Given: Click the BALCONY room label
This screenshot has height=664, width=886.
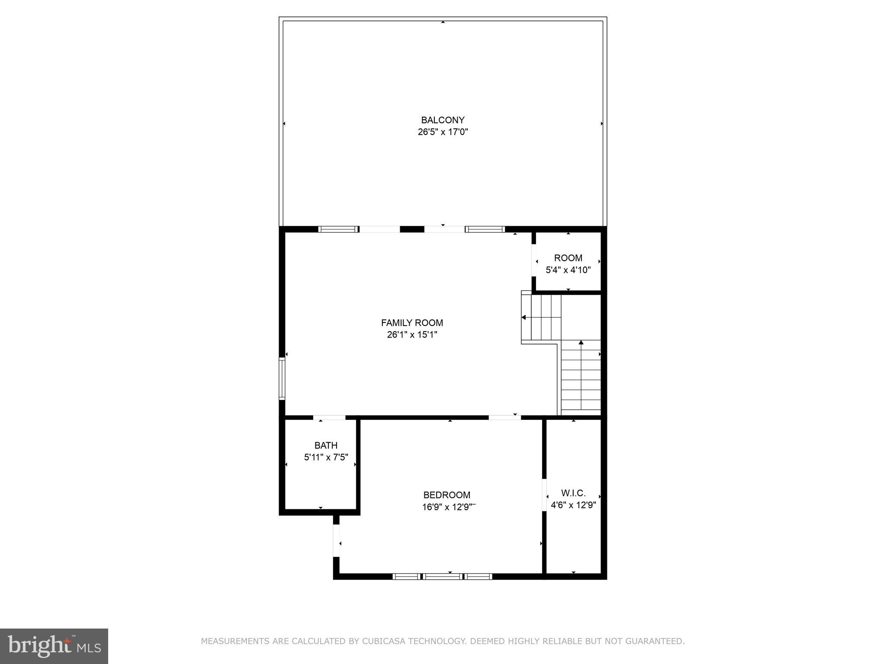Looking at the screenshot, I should click(443, 120).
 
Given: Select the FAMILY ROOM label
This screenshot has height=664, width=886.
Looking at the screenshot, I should click(412, 323).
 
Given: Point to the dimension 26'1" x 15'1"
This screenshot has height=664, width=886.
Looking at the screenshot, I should click(412, 335).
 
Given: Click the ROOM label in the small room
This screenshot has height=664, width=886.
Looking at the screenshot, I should click(568, 258).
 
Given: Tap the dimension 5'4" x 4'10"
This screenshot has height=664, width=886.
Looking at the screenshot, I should click(568, 270).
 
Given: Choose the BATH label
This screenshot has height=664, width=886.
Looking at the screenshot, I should click(326, 445).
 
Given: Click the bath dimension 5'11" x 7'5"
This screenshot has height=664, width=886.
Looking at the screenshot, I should click(326, 457).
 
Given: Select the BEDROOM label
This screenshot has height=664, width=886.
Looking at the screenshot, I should click(446, 495).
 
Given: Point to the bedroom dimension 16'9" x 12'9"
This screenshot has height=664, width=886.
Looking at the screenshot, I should click(446, 507).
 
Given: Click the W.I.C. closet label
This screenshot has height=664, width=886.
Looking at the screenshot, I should click(573, 493).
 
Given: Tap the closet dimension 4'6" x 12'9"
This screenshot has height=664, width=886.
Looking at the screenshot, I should click(573, 505).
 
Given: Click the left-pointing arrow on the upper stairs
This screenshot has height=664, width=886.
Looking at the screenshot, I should click(523, 317).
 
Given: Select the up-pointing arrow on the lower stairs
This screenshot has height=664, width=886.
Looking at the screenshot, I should click(581, 343).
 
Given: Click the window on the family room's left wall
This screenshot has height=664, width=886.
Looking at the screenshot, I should click(282, 378).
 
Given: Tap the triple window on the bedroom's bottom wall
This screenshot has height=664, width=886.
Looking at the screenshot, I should click(442, 576).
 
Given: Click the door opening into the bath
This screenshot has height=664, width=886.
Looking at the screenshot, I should click(329, 418).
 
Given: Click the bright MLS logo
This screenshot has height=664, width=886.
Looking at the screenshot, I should click(54, 646).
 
